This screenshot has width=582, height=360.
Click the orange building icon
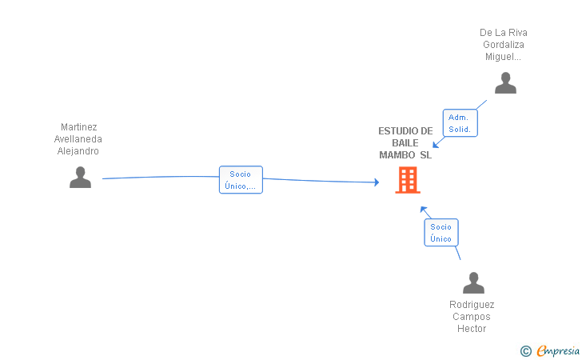(408, 180)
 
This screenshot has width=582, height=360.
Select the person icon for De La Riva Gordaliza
(505, 83)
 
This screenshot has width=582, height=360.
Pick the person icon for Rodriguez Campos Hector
(473, 282)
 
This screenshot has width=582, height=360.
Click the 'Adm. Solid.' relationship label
(460, 123)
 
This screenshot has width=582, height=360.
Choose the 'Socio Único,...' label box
(240, 180)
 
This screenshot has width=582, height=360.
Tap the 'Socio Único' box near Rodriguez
(440, 233)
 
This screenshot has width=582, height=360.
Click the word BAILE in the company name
(405, 143)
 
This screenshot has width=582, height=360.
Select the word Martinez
(79, 126)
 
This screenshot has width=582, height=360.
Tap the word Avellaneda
(78, 138)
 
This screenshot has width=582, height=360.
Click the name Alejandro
(78, 150)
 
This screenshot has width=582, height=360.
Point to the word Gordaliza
(504, 45)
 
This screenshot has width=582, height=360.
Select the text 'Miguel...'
(504, 57)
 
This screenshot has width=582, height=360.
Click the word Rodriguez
(472, 305)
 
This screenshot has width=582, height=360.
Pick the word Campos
(472, 317)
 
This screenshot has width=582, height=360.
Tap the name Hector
(472, 329)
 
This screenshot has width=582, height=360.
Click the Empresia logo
(558, 350)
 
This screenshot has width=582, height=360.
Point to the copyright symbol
(525, 350)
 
